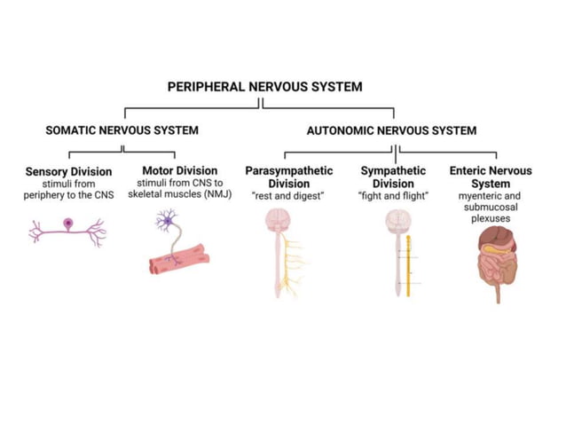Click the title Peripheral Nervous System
click(264, 87)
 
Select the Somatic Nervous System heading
click(122, 130)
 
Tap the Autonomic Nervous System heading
click(391, 130)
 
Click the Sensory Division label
click(68, 171)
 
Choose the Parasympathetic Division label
click(288, 177)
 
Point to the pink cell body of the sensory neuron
click(68, 224)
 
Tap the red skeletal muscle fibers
click(182, 258)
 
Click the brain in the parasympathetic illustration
click(281, 220)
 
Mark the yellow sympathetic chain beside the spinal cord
click(408, 264)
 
